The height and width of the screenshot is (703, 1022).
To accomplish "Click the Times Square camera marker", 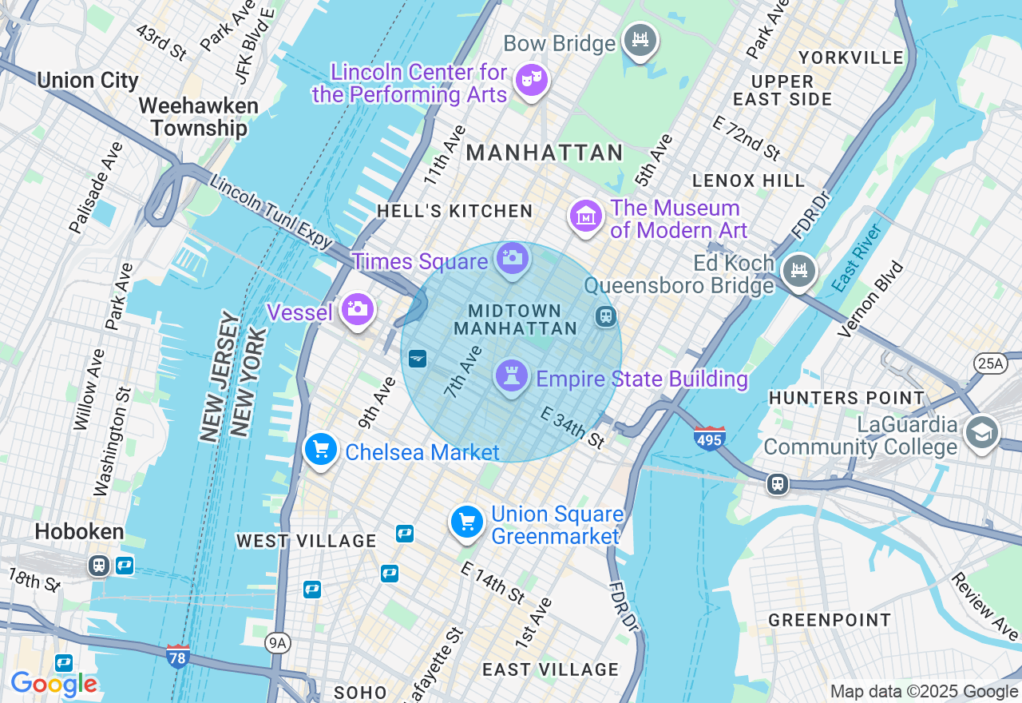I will tap(512, 258).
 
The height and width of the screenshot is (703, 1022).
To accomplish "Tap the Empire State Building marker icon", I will tap(511, 375).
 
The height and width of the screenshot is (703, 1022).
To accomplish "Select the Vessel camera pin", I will tap(356, 309).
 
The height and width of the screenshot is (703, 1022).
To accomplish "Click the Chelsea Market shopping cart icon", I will tap(321, 450).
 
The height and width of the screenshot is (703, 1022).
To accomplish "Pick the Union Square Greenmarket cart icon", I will tap(467, 522).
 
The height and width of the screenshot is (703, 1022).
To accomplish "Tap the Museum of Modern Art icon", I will tap(585, 216).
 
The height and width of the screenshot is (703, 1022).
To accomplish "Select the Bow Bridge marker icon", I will tap(640, 39).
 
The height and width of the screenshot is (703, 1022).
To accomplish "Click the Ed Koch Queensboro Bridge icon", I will tap(798, 271).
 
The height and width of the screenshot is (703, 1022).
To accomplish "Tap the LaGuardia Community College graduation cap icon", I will tap(981, 432).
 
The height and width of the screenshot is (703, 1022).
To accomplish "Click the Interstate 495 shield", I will tap(709, 438).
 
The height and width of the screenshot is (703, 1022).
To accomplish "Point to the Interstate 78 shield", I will tap(178, 656).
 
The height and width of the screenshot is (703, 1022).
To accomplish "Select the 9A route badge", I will tap(277, 643).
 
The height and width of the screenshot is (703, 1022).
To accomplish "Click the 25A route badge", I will tap(990, 363).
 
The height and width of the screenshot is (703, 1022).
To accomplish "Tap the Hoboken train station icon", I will tap(99, 566).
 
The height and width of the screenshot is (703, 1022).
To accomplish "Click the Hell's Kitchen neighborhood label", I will tap(454, 211).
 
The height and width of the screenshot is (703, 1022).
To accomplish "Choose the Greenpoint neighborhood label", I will tap(830, 620).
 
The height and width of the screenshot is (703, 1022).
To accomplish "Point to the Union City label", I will tap(88, 81).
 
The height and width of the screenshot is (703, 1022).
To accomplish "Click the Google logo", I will tap(53, 684).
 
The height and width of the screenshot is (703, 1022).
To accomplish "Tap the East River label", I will tap(857, 257).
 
